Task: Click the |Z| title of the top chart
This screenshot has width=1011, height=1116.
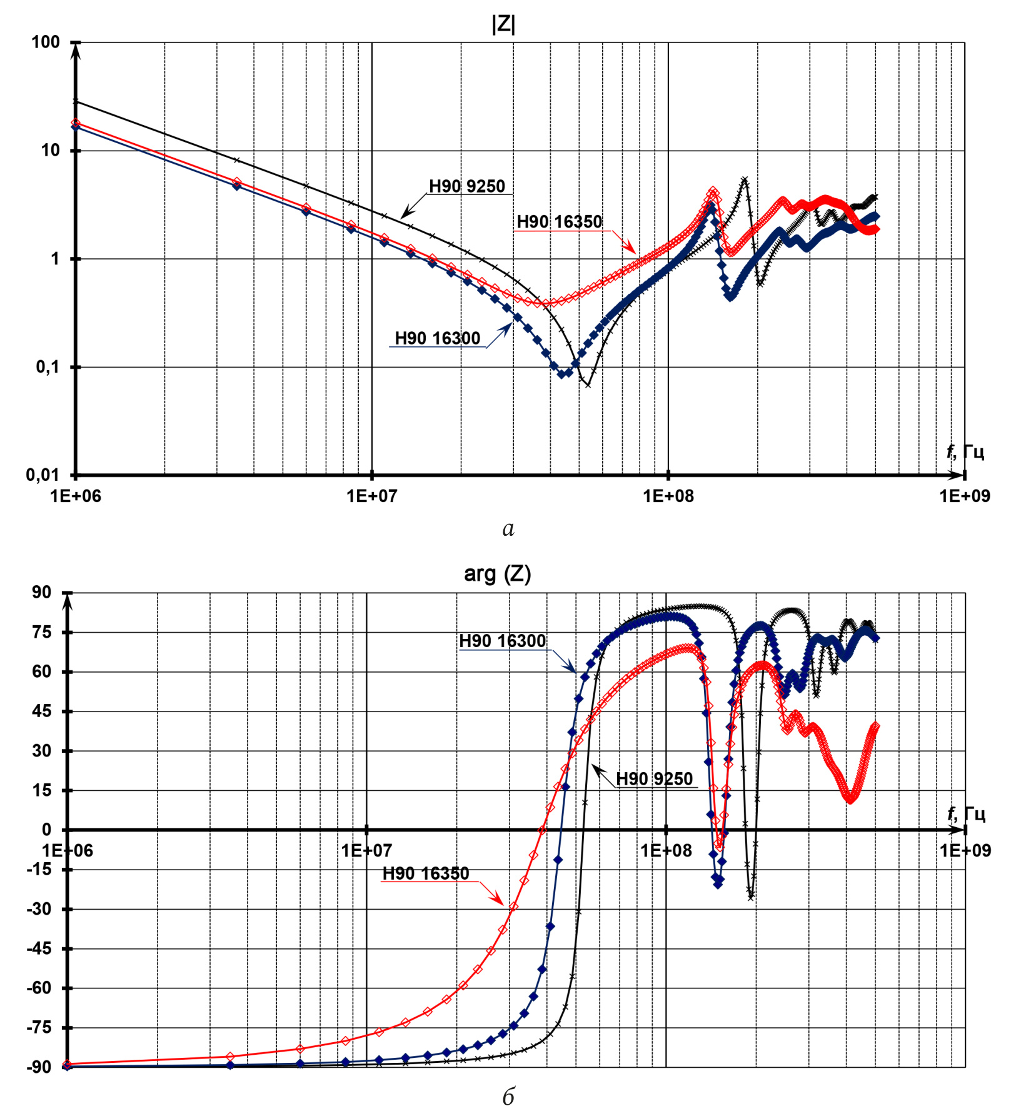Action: [x=503, y=24]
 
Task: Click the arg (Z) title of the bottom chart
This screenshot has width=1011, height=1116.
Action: [x=497, y=573]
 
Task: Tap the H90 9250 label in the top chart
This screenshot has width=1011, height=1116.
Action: [x=466, y=186]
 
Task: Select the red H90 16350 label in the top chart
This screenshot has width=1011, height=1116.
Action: [x=559, y=222]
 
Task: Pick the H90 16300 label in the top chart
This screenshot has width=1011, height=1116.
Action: [x=437, y=338]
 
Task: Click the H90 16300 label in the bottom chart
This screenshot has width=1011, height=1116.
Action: [x=502, y=641]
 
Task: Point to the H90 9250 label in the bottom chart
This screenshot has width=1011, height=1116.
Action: [x=654, y=778]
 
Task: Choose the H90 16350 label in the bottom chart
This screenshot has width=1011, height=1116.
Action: [x=425, y=873]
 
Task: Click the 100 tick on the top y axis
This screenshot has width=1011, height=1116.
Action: [x=46, y=43]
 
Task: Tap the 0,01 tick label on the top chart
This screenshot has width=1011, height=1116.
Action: [x=43, y=475]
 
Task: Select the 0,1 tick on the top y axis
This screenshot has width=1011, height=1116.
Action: [x=48, y=367]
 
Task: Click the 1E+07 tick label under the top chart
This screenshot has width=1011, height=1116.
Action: [x=372, y=496]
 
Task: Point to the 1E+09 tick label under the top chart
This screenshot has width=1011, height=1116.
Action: [x=965, y=496]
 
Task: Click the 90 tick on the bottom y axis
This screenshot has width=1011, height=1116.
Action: [x=42, y=593]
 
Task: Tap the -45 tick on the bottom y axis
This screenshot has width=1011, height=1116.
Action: [x=39, y=948]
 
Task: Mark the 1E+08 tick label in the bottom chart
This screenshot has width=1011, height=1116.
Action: [x=666, y=850]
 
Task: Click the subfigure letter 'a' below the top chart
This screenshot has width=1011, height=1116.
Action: [x=508, y=529]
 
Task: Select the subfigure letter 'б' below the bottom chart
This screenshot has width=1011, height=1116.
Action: [x=508, y=1097]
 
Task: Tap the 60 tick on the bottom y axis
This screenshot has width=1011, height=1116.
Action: [x=42, y=671]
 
